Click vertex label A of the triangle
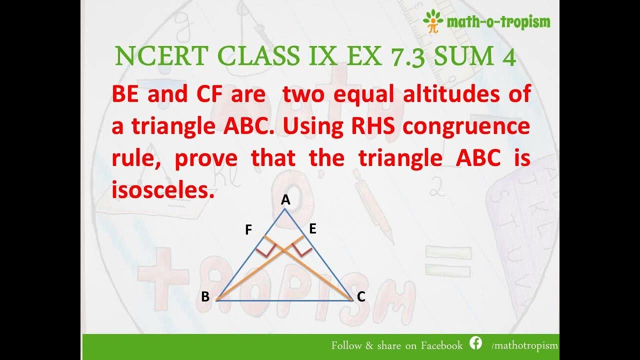click(285, 200)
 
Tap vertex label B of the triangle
click(205, 297)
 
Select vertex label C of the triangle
click(361, 297)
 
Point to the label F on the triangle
click(248, 230)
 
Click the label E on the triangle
click(313, 229)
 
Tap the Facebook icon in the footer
click(475, 343)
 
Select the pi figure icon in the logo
click(432, 21)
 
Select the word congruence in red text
click(466, 126)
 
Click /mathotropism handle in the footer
click(524, 345)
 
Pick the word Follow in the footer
click(347, 345)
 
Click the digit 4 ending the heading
click(506, 57)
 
